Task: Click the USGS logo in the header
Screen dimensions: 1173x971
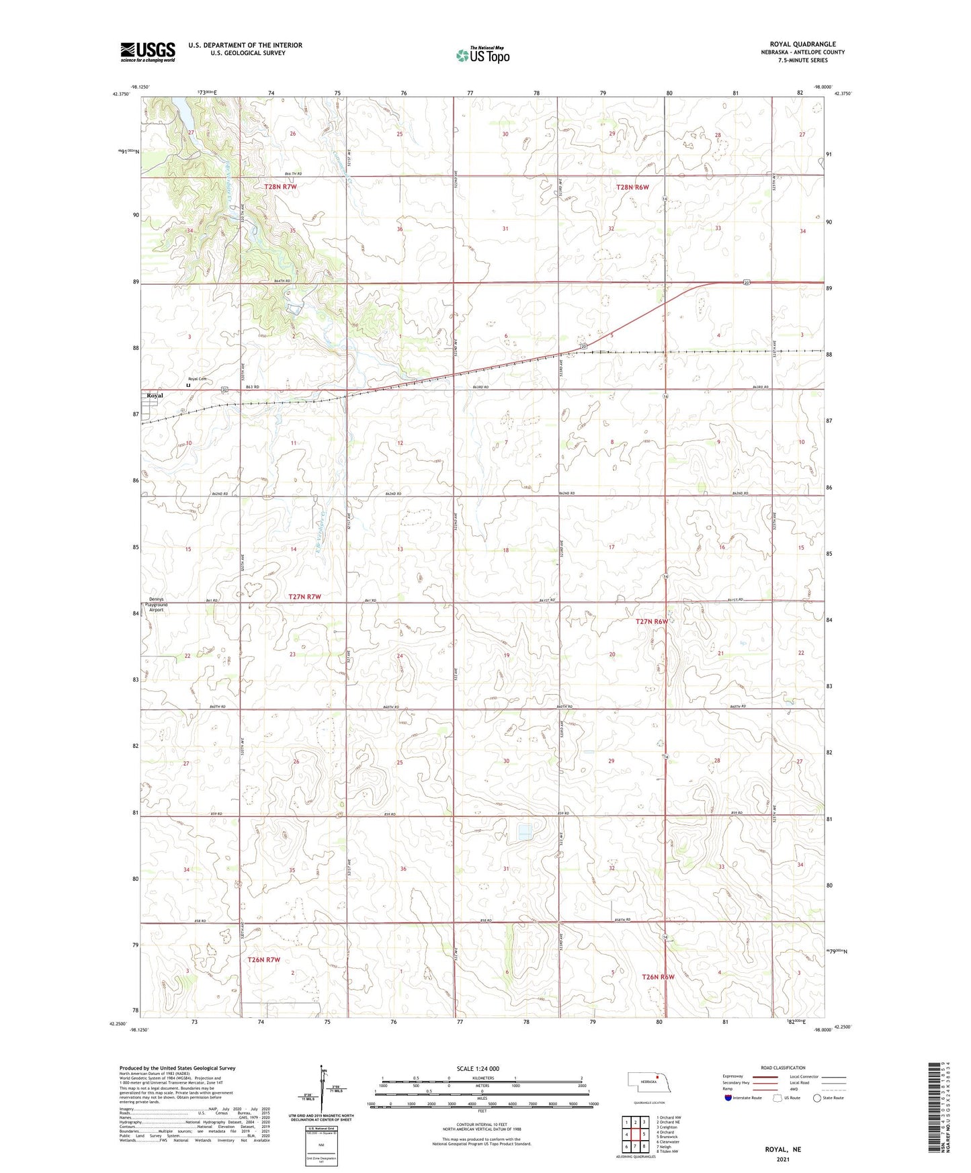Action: click(147, 52)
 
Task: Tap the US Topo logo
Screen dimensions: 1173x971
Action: click(482, 56)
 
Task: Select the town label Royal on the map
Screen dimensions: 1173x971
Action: click(155, 396)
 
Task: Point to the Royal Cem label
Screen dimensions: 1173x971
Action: click(197, 379)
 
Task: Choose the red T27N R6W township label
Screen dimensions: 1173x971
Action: click(652, 621)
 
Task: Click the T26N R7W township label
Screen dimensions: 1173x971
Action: click(263, 960)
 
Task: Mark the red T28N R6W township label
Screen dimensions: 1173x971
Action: click(632, 187)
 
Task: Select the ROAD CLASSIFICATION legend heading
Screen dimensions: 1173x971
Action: click(783, 1068)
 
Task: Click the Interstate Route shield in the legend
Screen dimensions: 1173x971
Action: click(728, 1098)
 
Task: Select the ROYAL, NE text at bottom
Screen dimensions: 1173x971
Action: click(783, 1149)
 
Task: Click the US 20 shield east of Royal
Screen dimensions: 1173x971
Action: click(224, 390)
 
